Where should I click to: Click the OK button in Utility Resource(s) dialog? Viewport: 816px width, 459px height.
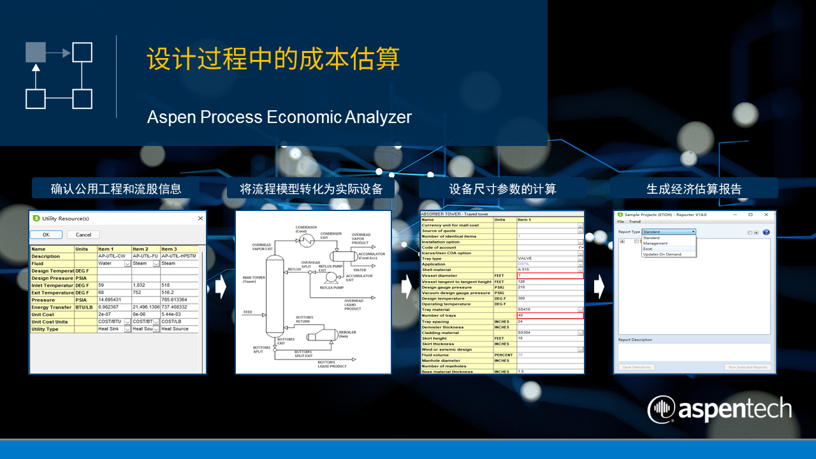point(47,235)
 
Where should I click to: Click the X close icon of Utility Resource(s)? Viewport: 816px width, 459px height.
point(200,219)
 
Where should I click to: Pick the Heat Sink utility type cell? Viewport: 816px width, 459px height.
point(110,329)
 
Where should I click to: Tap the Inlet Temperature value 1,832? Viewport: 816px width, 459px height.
point(141,285)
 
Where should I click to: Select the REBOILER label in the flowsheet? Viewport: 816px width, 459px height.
point(347,332)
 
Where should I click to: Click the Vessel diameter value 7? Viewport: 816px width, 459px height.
point(550,275)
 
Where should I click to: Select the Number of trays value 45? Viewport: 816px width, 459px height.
point(550,316)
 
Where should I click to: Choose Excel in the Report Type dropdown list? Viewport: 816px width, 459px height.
point(648,249)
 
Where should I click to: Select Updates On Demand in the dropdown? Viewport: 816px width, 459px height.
point(662,254)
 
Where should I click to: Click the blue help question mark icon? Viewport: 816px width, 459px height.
point(766,233)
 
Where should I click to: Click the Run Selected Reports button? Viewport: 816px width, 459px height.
point(747,367)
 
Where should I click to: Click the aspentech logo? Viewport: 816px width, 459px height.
point(720,409)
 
